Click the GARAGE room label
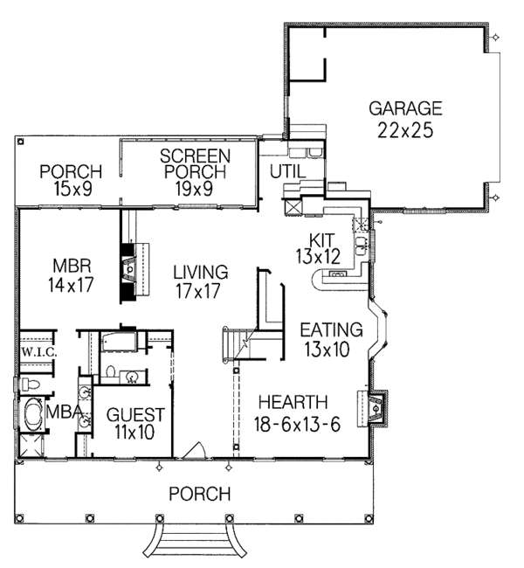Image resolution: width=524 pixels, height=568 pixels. pos(405,108)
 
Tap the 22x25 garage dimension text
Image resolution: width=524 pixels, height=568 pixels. pos(405,130)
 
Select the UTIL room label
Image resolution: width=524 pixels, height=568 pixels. pos(288,171)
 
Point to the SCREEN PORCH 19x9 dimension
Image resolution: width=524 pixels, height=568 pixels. pos(194,188)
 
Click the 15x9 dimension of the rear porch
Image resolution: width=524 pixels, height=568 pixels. pos(72,189)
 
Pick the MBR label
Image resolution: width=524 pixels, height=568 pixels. pos(72,266)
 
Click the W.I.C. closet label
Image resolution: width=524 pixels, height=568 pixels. pos(39,352)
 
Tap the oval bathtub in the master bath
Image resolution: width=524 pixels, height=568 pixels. pos(33,413)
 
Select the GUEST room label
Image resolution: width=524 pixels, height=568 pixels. pos(135,414)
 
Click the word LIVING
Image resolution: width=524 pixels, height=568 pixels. pos(201,272)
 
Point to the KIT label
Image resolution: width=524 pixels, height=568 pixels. pos(322,239)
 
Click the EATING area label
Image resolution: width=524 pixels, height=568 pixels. pos(331,329)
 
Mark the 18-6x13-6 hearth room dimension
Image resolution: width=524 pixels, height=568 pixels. pos(297,424)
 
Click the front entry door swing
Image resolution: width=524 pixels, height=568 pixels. pos(194,450)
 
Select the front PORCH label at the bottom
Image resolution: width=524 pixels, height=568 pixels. pos(200,494)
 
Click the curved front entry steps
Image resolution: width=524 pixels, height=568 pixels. pos(195,540)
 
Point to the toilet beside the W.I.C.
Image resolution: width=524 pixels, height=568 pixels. pos(31,384)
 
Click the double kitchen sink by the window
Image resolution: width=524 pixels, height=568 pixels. pos(361,246)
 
